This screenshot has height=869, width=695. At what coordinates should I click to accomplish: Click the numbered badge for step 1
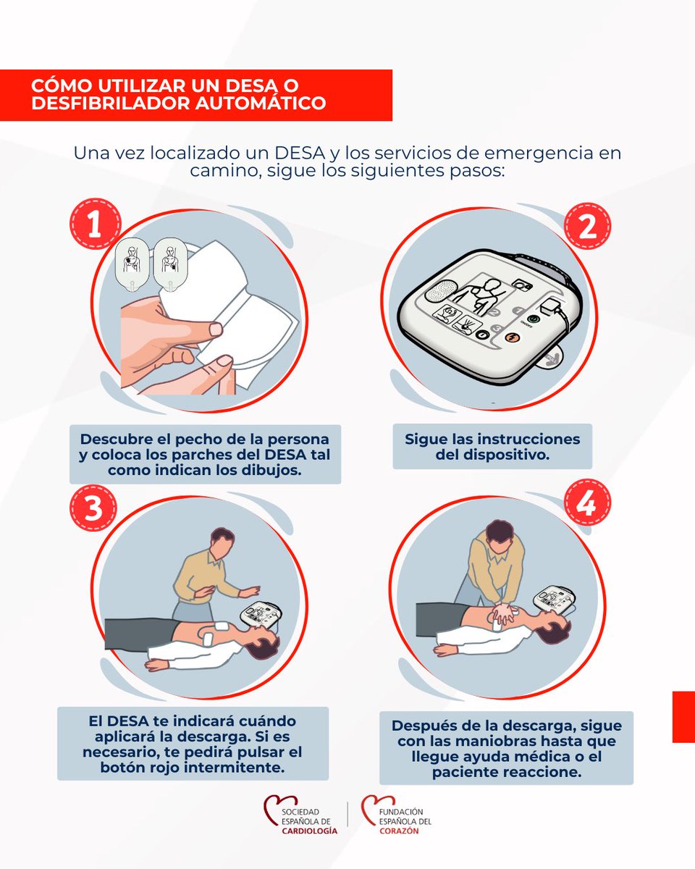(x=95, y=223)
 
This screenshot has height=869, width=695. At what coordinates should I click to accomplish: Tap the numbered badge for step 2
(x=587, y=226)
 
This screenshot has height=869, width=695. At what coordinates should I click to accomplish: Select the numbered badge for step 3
(x=93, y=508)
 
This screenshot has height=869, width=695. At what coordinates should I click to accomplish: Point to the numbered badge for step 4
(x=587, y=503)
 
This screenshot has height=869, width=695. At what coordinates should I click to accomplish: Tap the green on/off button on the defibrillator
(x=534, y=319)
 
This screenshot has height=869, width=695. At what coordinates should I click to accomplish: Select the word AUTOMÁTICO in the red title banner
(x=261, y=103)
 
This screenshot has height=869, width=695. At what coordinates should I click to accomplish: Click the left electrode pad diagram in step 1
(x=132, y=264)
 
